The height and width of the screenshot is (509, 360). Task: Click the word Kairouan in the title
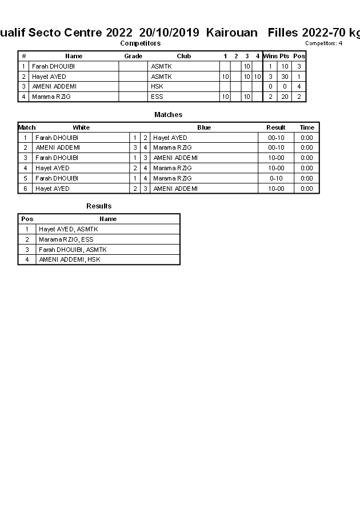pyautogui.click(x=231, y=33)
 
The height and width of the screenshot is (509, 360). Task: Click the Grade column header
pyautogui.click(x=133, y=56)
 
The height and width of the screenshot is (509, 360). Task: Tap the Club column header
pyautogui.click(x=183, y=56)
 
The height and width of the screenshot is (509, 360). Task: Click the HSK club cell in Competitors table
pyautogui.click(x=157, y=86)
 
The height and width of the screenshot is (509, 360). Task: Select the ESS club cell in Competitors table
pyautogui.click(x=157, y=97)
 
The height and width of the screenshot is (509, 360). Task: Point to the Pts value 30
pyautogui.click(x=285, y=77)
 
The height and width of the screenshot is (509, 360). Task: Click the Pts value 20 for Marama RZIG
pyautogui.click(x=285, y=97)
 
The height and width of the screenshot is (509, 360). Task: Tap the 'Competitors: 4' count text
pyautogui.click(x=323, y=43)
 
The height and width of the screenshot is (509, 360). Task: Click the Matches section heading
pyautogui.click(x=168, y=115)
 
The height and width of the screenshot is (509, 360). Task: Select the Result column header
pyautogui.click(x=276, y=127)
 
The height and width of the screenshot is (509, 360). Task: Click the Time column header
pyautogui.click(x=307, y=127)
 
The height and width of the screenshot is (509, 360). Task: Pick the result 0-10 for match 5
pyautogui.click(x=276, y=178)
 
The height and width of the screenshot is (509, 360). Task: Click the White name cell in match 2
pyautogui.click(x=58, y=147)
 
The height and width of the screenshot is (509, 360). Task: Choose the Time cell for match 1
pyautogui.click(x=307, y=138)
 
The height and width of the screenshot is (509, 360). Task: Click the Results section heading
pyautogui.click(x=99, y=206)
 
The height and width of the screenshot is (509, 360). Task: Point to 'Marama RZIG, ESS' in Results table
pyautogui.click(x=66, y=239)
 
